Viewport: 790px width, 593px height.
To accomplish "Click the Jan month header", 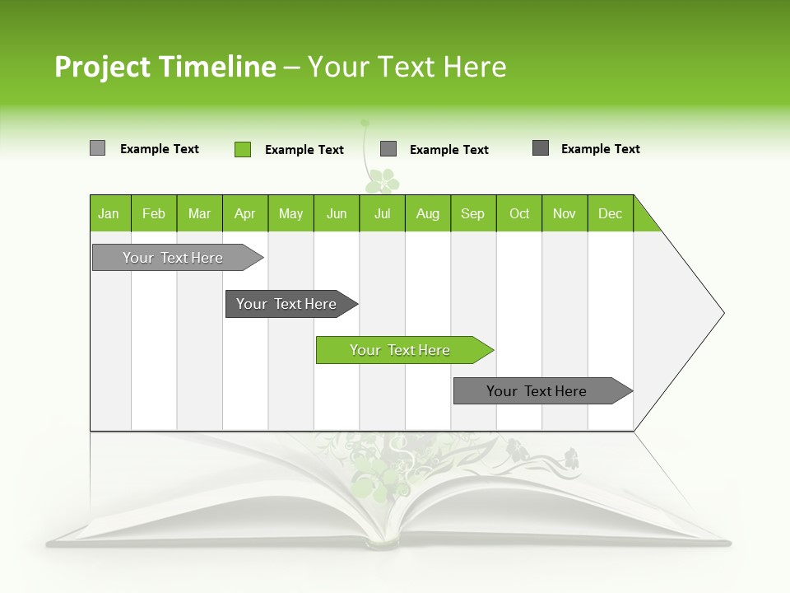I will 109,213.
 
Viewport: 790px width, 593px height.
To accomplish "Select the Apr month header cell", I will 245,213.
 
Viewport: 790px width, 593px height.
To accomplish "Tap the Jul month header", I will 382,213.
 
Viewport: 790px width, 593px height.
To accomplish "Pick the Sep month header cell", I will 473,213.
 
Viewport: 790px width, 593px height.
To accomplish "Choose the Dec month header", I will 610,213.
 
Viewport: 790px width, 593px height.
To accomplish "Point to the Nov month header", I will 565,213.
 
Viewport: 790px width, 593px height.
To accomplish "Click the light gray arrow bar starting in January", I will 173,258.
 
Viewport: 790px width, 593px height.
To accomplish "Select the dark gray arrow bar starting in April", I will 286,304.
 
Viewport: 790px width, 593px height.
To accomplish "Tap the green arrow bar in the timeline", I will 400,350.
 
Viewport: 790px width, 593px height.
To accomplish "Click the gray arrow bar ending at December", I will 537,391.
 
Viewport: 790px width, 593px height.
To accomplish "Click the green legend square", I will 243,149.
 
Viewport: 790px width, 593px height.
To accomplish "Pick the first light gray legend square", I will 98,148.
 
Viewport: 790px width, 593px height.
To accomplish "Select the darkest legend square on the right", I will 541,148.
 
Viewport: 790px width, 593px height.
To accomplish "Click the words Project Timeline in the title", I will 165,67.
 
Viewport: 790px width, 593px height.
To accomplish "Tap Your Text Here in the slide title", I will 407,67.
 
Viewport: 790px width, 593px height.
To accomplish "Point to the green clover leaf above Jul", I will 382,180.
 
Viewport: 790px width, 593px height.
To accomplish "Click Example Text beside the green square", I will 304,150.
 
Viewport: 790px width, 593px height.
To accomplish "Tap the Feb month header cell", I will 154,213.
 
